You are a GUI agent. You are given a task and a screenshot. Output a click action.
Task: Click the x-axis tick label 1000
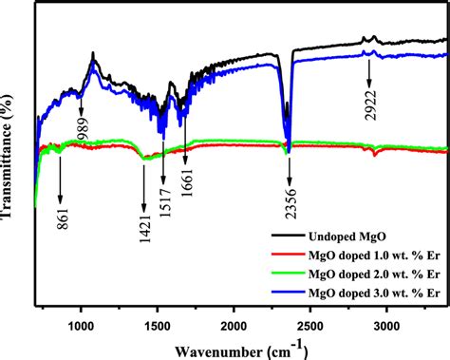tap(82, 323)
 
